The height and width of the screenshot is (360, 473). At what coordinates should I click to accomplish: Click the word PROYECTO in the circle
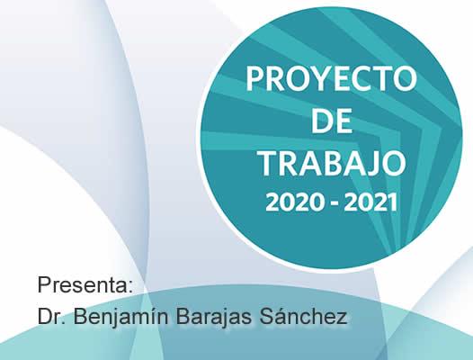click(x=331, y=79)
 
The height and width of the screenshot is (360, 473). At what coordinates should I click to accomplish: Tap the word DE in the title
click(x=331, y=121)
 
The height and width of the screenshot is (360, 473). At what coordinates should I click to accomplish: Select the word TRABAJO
click(x=333, y=163)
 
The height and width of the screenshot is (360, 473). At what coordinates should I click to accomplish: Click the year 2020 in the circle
click(x=295, y=202)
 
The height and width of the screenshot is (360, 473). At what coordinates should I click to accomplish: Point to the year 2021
click(x=370, y=202)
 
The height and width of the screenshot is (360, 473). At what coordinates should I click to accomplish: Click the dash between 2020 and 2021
click(x=335, y=204)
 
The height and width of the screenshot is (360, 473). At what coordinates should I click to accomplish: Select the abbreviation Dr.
click(x=51, y=316)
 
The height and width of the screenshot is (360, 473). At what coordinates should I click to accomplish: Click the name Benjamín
click(x=120, y=317)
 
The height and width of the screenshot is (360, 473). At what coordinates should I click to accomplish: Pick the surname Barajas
click(x=213, y=316)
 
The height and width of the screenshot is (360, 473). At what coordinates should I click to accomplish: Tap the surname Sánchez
click(x=303, y=316)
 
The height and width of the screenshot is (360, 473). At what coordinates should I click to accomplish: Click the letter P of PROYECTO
click(x=255, y=79)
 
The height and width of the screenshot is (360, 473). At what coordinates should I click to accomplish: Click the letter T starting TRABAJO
click(x=270, y=164)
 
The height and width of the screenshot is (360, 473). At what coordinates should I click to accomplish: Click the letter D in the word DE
click(x=322, y=121)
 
